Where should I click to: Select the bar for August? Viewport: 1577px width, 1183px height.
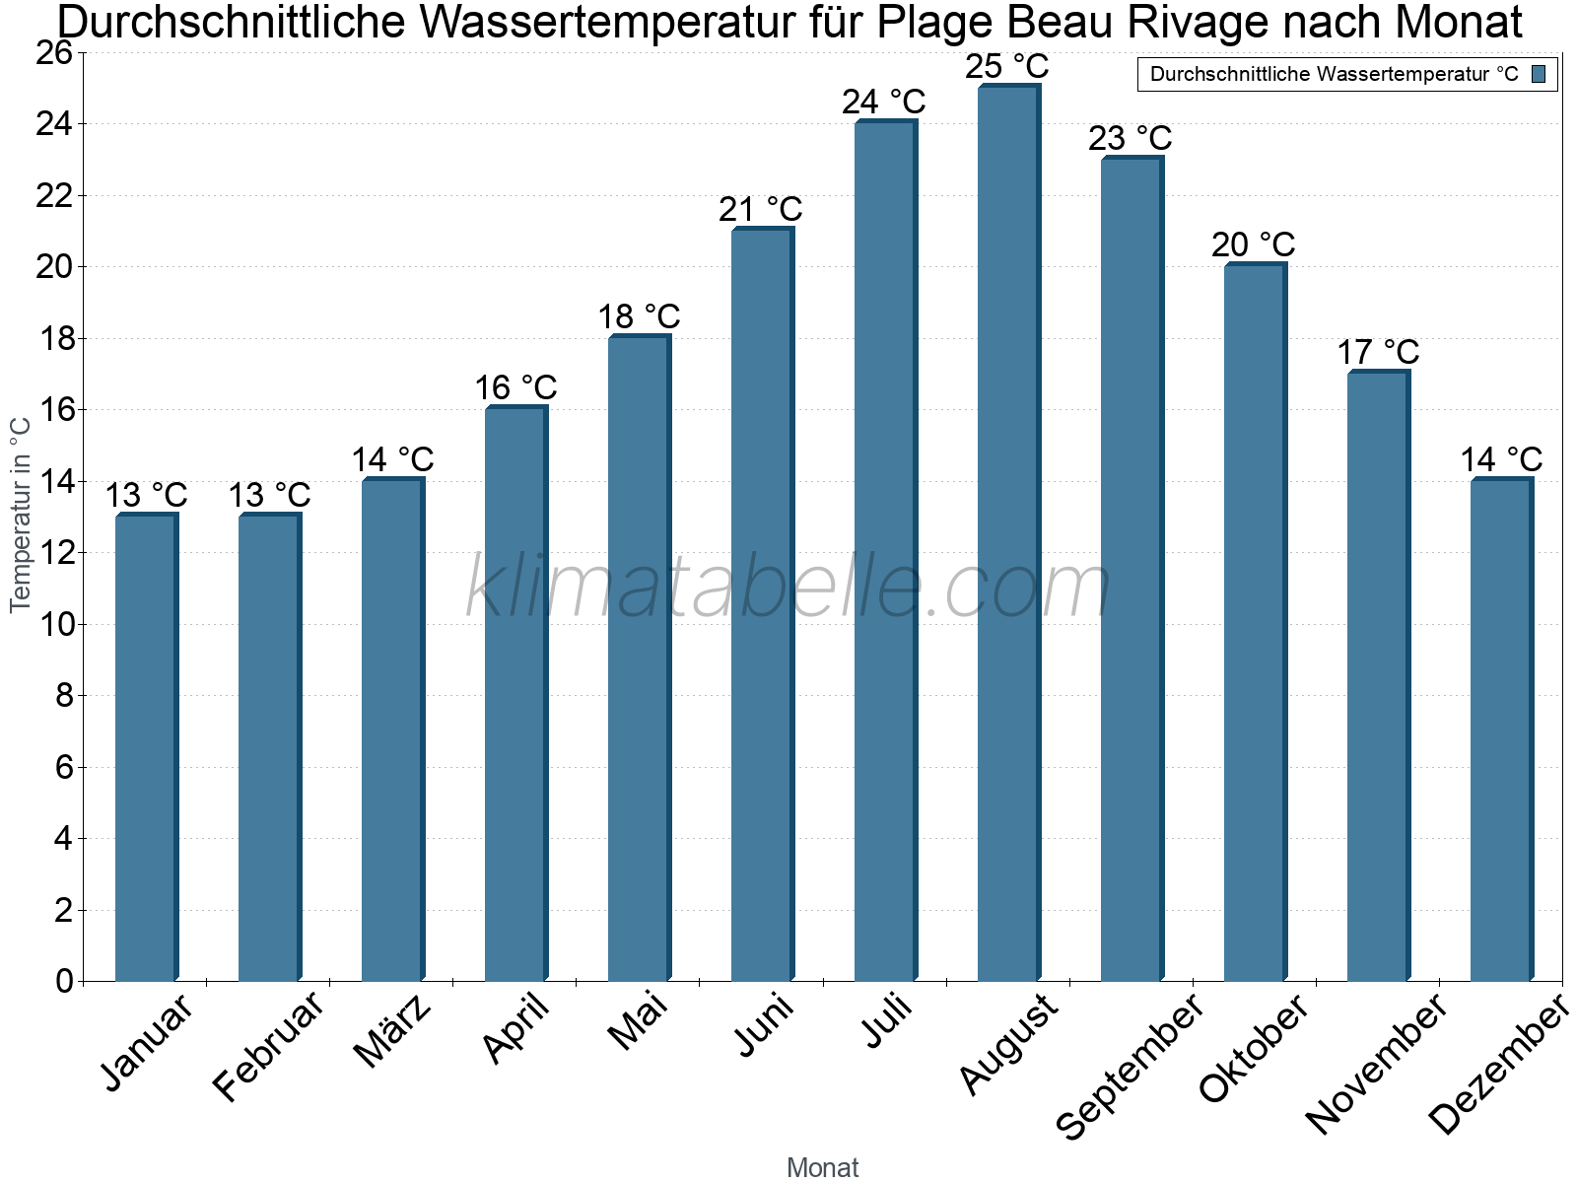tap(1007, 532)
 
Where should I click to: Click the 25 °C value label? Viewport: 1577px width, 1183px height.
tap(1007, 67)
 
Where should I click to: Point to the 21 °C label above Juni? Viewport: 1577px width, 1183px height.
tap(761, 210)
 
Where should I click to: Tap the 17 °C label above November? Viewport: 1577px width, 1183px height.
tap(1378, 352)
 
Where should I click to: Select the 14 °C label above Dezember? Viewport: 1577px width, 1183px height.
tap(1501, 459)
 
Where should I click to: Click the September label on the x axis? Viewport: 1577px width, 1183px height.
tap(1130, 1065)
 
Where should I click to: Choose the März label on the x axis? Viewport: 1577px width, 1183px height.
tap(393, 1030)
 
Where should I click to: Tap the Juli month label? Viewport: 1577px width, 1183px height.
tap(887, 1020)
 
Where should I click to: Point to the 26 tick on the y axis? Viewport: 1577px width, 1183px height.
tap(54, 53)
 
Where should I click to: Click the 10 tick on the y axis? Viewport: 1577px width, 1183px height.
tap(54, 624)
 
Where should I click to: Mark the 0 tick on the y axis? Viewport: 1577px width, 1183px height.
tap(64, 981)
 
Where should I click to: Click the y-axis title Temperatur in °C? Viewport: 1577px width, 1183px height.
tap(21, 513)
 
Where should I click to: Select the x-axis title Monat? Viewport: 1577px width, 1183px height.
tap(823, 1168)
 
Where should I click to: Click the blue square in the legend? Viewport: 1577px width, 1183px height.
tap(1539, 74)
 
